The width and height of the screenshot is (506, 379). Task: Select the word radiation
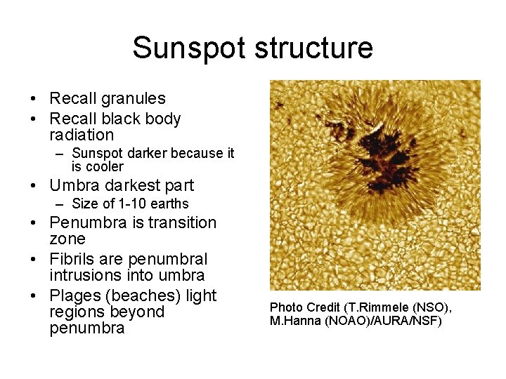82,135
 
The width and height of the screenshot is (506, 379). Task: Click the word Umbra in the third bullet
75,185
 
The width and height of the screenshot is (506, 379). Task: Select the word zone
67,239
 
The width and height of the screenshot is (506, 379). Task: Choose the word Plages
74,295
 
